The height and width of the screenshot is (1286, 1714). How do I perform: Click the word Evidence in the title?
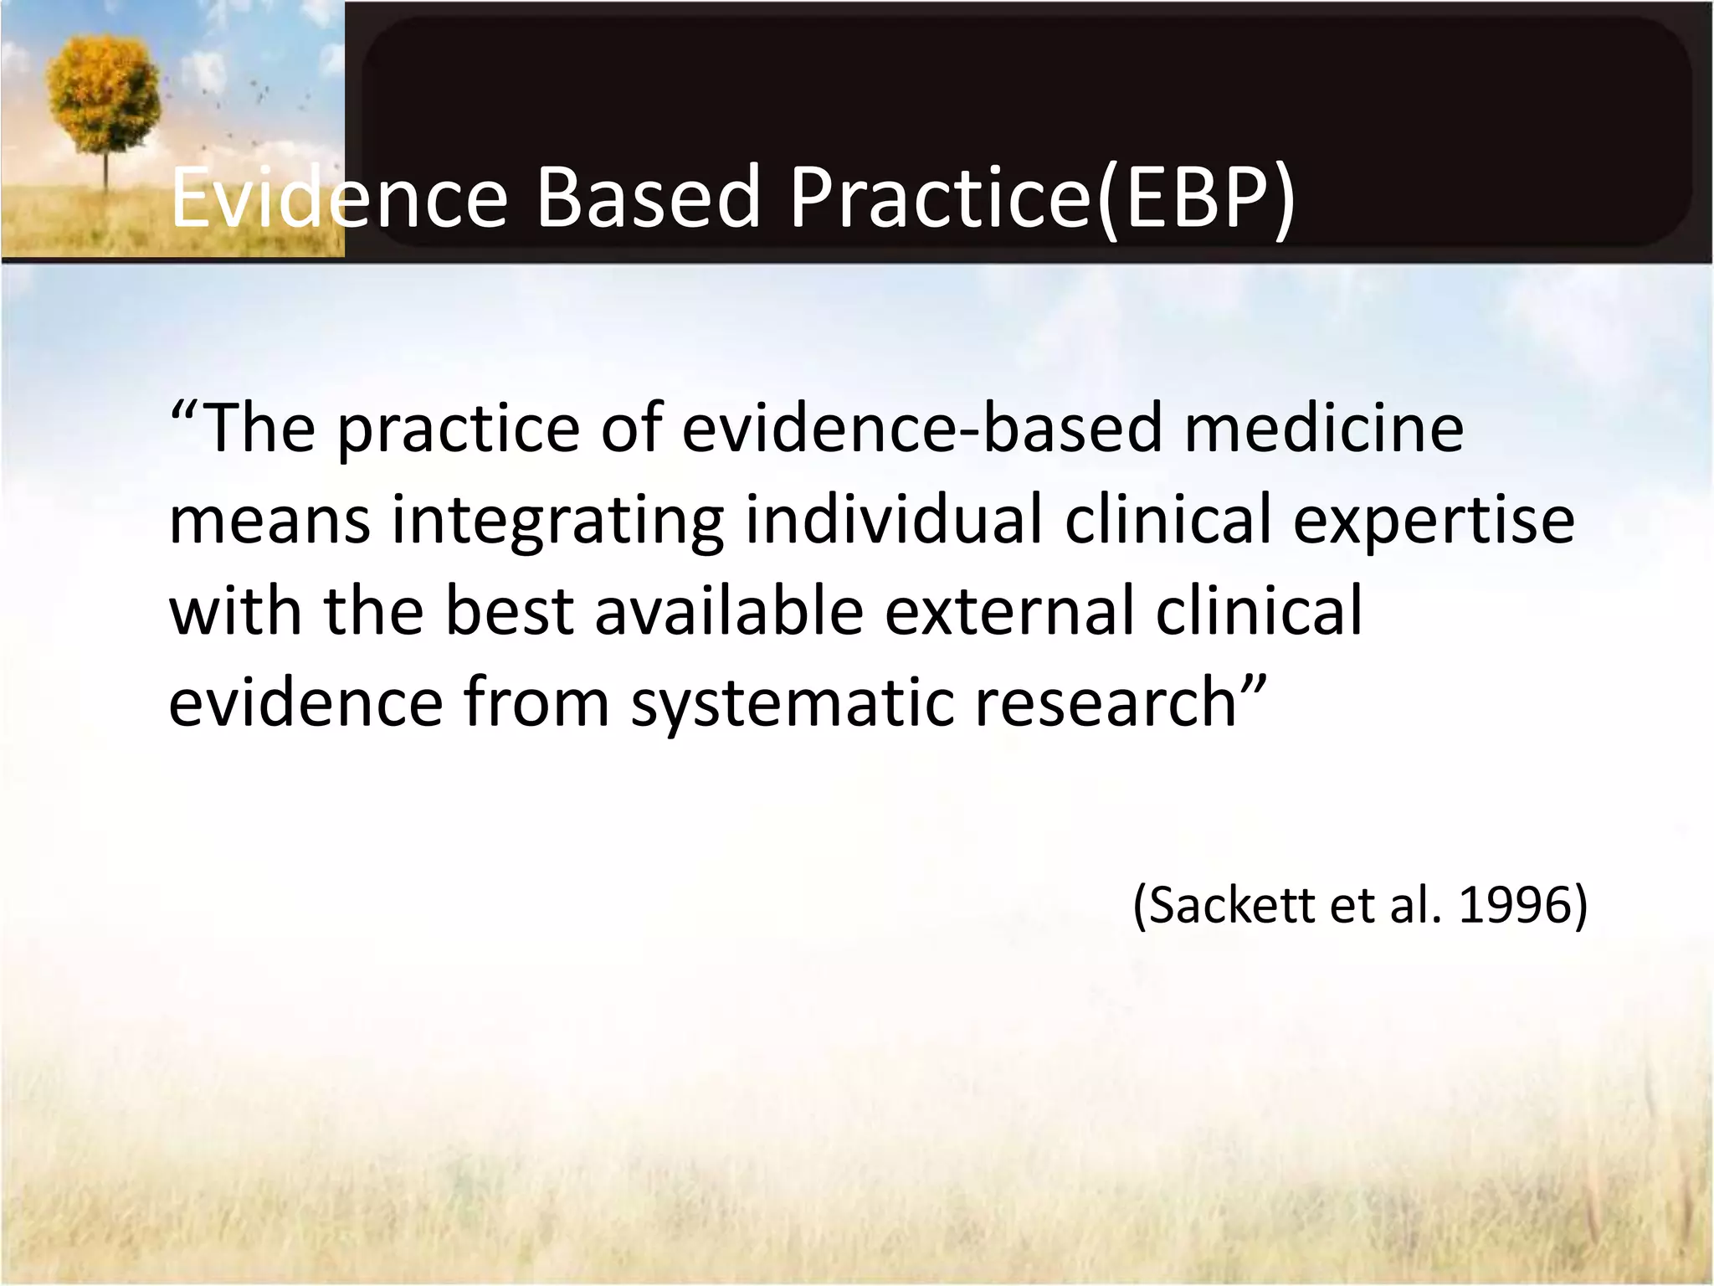(x=338, y=198)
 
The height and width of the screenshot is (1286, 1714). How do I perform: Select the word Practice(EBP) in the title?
(x=1043, y=198)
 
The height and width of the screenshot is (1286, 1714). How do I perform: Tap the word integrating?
(x=557, y=520)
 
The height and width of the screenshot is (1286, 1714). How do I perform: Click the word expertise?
(x=1434, y=520)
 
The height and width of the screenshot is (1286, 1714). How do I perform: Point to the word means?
(x=269, y=520)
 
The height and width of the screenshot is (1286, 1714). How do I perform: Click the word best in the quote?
(x=509, y=610)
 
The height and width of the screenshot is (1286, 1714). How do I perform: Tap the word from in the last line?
(x=536, y=702)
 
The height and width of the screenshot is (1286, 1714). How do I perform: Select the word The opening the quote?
(x=259, y=428)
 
